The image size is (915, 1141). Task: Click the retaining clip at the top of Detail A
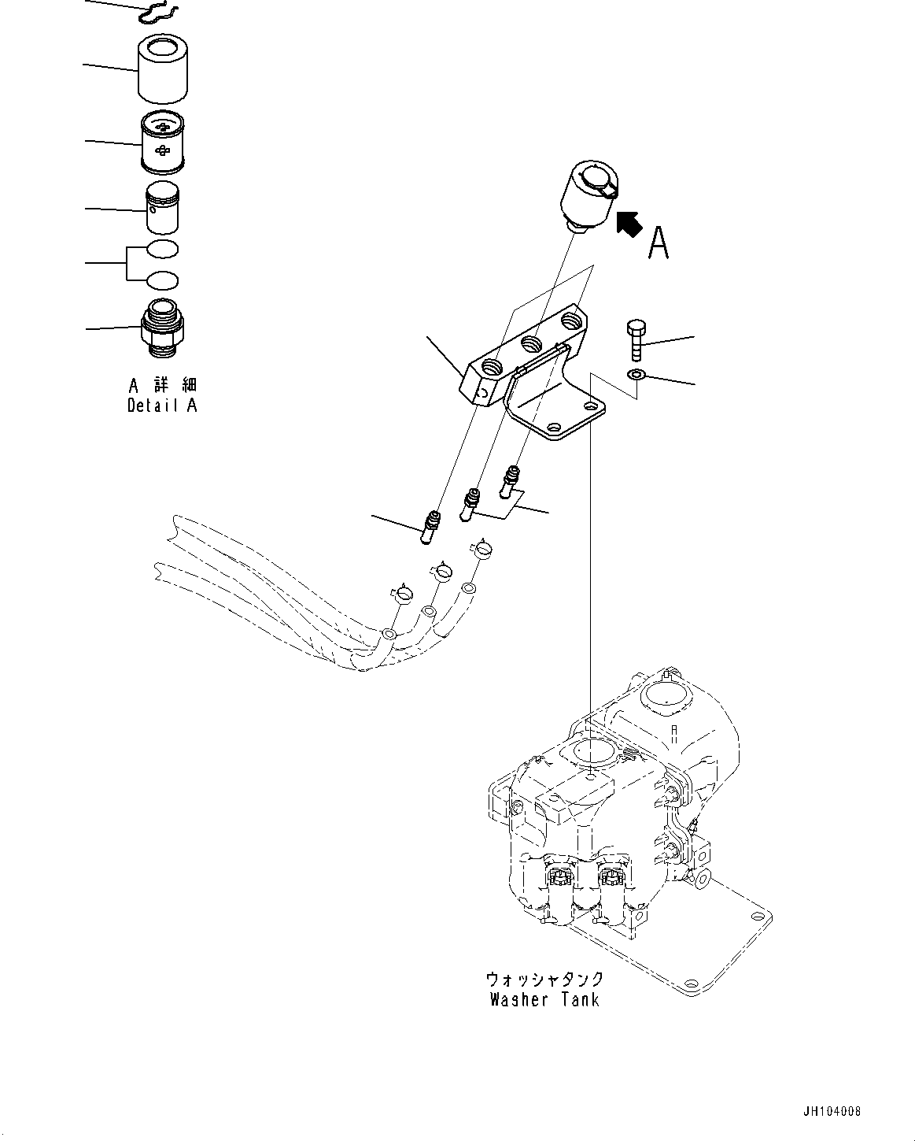[160, 12]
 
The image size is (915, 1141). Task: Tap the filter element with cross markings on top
[164, 143]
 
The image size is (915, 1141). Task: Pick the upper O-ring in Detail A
[163, 250]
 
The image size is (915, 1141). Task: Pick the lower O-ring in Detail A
[163, 279]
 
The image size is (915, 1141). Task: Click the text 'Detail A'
[163, 406]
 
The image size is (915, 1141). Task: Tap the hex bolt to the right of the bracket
[636, 340]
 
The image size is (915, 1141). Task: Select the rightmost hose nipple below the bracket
[511, 481]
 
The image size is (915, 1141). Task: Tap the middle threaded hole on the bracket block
[533, 343]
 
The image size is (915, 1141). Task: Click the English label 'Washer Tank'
[544, 1000]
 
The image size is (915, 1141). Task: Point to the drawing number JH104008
[833, 1111]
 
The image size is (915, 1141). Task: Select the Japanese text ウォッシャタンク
[544, 979]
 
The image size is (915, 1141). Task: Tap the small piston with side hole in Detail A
[163, 209]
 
